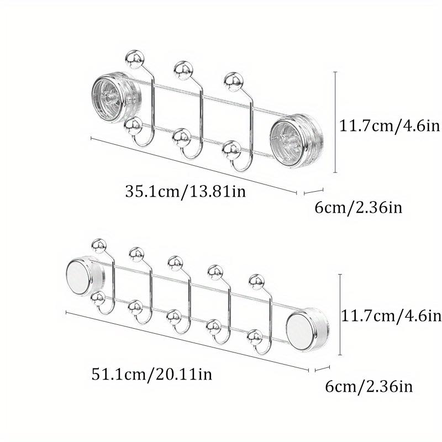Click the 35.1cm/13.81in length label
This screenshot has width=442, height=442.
point(186,191)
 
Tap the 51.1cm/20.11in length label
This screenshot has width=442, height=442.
point(151,375)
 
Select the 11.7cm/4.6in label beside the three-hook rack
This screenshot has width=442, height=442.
point(390,125)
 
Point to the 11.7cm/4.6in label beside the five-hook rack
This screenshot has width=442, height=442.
point(391,315)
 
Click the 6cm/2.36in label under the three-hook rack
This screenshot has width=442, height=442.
point(358,208)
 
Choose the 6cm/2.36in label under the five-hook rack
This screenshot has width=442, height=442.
point(369,386)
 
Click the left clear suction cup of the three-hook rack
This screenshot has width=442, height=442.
point(116,97)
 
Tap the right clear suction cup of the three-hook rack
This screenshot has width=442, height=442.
point(296,141)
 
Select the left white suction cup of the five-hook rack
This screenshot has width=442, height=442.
point(85,276)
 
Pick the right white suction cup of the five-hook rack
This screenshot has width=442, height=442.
point(307,329)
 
